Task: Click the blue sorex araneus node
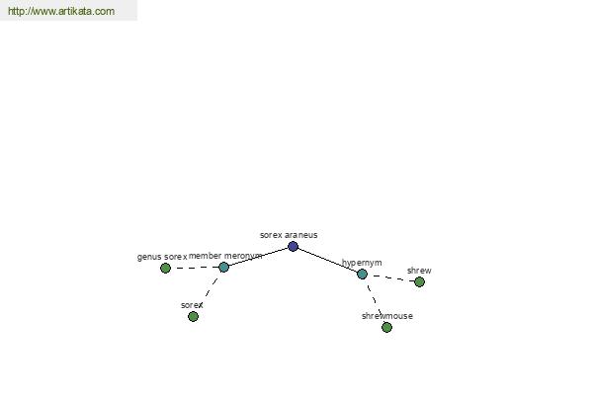(294, 247)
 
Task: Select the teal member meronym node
(224, 268)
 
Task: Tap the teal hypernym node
(362, 275)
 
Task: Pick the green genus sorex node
(165, 268)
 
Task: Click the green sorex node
(194, 316)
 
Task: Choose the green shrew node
(419, 281)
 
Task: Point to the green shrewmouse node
(386, 327)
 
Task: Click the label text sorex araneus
(289, 235)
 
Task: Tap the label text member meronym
(225, 256)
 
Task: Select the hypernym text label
(362, 263)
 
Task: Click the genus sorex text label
(162, 257)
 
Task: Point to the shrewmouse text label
(386, 316)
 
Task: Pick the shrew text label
(419, 271)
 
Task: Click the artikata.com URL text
(61, 11)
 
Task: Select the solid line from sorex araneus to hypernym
(327, 260)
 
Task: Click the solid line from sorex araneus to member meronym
(258, 257)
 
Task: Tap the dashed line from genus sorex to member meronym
(195, 268)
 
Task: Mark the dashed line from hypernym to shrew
(390, 277)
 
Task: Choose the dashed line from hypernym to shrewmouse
(374, 298)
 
